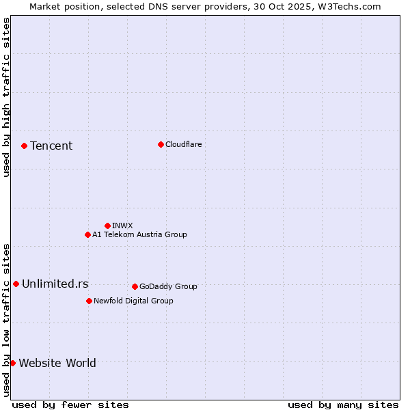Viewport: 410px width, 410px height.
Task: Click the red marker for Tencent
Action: tap(24, 146)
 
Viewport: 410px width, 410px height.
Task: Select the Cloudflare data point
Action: tap(161, 144)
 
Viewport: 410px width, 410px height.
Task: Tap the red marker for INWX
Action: tap(107, 225)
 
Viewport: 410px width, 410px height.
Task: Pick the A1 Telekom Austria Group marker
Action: tap(87, 234)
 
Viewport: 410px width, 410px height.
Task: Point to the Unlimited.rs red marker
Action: tap(16, 284)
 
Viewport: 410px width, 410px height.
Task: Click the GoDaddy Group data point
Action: tap(135, 286)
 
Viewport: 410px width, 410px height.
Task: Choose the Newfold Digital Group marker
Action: tap(89, 301)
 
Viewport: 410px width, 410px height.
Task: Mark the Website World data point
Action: tap(12, 363)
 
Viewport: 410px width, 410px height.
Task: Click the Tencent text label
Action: tap(51, 146)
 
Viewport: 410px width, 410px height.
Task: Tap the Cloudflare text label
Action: tap(183, 144)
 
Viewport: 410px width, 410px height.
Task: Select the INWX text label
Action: tap(122, 225)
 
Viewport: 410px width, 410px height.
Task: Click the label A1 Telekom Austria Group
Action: tap(139, 234)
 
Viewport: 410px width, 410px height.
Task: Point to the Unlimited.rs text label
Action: tap(55, 284)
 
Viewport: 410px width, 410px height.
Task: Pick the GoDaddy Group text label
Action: tap(168, 286)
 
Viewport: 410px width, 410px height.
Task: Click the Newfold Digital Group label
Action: tap(133, 301)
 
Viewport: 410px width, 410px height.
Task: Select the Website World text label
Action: tap(57, 363)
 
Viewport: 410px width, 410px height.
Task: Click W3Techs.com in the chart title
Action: tap(352, 6)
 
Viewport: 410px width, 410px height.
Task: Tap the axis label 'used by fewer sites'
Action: tap(70, 405)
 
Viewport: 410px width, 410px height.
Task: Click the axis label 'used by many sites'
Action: tap(343, 405)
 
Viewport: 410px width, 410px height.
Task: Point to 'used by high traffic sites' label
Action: tap(6, 97)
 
